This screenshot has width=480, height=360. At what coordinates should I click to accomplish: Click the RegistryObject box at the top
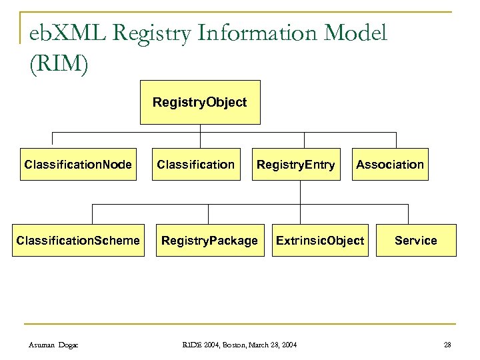click(199, 103)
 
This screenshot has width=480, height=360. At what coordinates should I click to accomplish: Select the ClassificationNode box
click(78, 164)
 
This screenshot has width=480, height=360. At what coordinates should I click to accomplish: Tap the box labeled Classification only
click(195, 164)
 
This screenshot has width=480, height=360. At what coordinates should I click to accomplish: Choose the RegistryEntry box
click(296, 164)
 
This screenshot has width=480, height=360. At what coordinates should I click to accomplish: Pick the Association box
click(390, 164)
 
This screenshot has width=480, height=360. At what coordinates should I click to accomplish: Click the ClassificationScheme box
click(78, 240)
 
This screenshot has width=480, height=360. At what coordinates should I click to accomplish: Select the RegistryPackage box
click(209, 240)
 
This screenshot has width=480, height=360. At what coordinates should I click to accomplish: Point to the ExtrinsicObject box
click(320, 240)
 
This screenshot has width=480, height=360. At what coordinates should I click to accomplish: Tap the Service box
click(415, 240)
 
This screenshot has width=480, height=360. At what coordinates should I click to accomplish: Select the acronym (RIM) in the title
click(59, 65)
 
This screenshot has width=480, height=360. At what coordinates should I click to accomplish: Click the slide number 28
click(447, 343)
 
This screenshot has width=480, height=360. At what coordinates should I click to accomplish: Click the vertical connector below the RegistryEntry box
click(301, 192)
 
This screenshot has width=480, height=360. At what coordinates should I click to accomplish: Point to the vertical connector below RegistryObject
click(199, 129)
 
